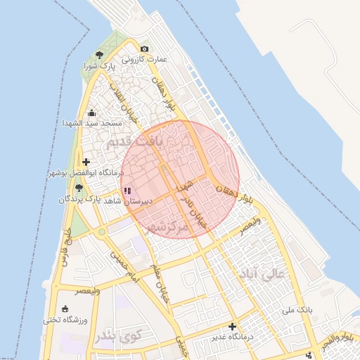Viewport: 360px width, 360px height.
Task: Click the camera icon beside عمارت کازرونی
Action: (145, 49)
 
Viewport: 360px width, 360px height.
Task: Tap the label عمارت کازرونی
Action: (146, 59)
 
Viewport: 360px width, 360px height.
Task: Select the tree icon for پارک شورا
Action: (99, 54)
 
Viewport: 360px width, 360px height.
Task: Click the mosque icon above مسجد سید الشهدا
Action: (91, 112)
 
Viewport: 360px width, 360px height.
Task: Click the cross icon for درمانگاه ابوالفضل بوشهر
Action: (86, 162)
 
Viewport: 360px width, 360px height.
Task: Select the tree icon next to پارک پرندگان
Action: (79, 188)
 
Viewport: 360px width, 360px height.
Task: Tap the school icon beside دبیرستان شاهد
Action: (127, 190)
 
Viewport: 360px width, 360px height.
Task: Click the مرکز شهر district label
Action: (165, 227)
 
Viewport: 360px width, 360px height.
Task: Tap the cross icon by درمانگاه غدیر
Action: (232, 327)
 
